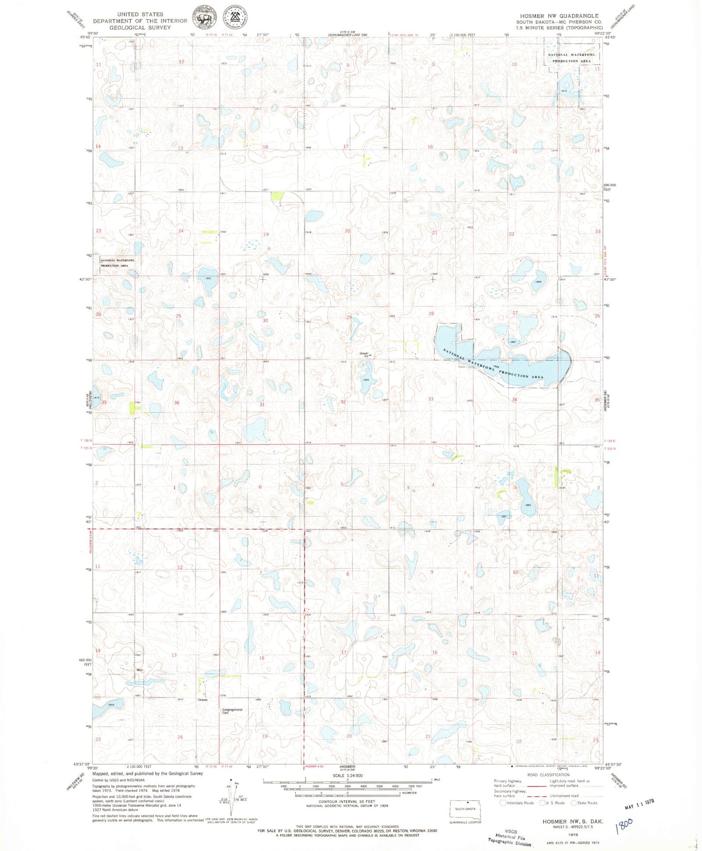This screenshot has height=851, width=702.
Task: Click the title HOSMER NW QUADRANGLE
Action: [x=559, y=16]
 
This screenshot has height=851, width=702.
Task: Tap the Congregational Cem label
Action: [x=232, y=711]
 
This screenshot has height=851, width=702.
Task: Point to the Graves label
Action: [x=203, y=700]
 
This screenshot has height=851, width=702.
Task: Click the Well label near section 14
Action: [x=139, y=670]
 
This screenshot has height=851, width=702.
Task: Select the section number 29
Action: [x=348, y=317]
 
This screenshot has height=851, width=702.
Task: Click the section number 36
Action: [x=177, y=403]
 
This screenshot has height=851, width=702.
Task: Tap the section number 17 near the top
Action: [x=346, y=147]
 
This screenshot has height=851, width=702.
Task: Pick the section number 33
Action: [x=430, y=399]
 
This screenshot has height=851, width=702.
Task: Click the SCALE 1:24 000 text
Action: [x=347, y=776]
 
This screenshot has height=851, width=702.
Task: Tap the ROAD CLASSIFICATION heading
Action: [x=548, y=775]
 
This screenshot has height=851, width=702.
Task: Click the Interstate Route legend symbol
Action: [x=503, y=802]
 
